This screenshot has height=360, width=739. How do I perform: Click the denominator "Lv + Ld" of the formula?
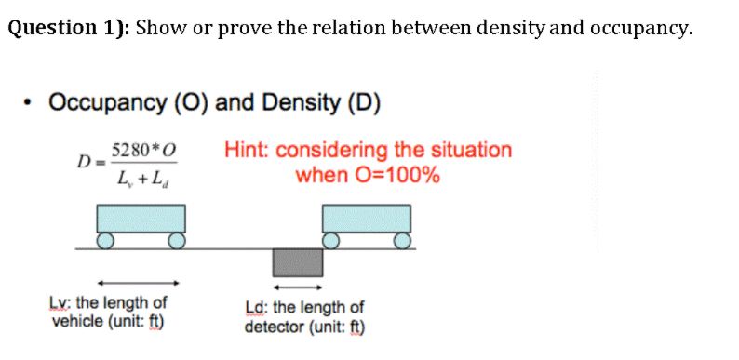point(141,176)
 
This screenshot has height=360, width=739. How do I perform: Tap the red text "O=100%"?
point(401,175)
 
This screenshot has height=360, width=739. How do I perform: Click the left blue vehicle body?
point(141,218)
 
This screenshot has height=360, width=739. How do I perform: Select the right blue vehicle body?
point(366,218)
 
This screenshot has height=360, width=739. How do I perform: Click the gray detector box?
point(297,261)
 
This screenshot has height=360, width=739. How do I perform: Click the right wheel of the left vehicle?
point(176,242)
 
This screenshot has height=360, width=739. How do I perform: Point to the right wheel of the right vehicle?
point(401,242)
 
